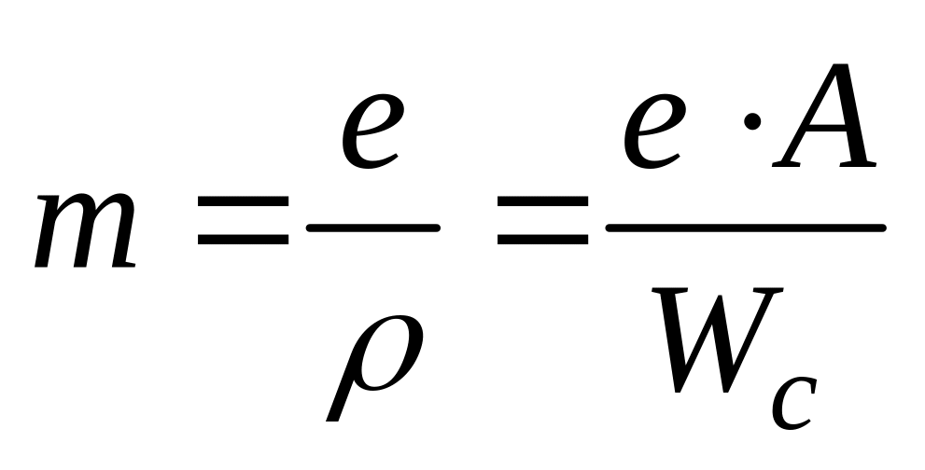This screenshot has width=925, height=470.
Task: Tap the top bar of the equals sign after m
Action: [x=243, y=201]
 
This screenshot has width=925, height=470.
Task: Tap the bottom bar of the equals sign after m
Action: [x=243, y=240]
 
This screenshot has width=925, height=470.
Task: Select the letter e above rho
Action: [x=372, y=131]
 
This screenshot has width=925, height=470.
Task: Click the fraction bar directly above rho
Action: [x=372, y=228]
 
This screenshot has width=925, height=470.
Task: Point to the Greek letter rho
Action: [x=375, y=367]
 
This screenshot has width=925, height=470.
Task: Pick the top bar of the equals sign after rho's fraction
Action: [x=542, y=201]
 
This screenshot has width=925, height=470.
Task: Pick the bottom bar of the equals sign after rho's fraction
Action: [x=542, y=240]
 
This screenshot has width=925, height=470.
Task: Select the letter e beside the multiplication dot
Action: [x=655, y=131]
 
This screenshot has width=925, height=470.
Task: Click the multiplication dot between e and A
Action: [x=752, y=122]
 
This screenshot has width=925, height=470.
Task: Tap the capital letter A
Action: [x=825, y=116]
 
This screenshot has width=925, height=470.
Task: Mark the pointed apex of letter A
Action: [x=841, y=66]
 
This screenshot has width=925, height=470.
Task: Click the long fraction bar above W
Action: [x=746, y=228]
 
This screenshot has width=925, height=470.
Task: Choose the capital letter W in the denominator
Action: [x=718, y=340]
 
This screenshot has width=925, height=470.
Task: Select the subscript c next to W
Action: [x=794, y=403]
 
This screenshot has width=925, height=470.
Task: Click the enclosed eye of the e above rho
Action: [x=377, y=115]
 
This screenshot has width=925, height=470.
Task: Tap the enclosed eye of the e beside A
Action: [x=660, y=115]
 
